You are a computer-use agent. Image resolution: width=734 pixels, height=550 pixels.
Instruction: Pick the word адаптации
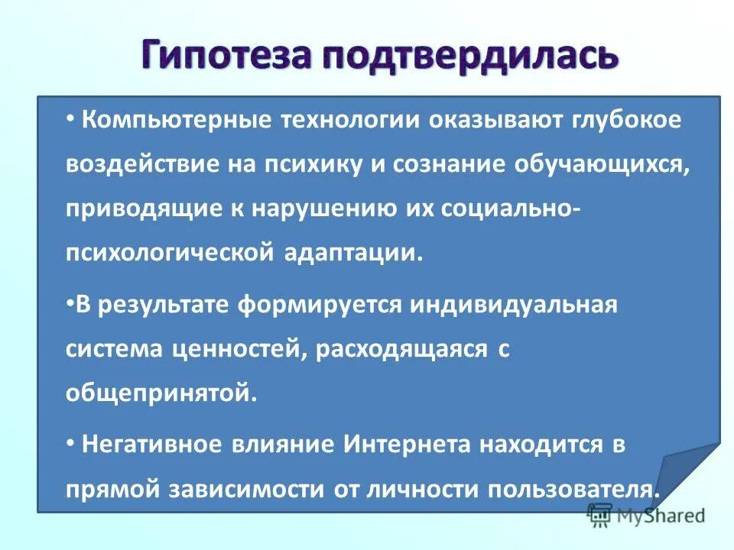click(x=356, y=253)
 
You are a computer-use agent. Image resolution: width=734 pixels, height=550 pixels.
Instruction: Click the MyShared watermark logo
click(x=646, y=516)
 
